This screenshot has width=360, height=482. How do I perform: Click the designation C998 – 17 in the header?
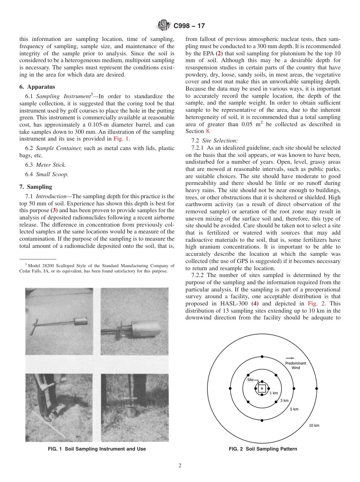tap(189, 26)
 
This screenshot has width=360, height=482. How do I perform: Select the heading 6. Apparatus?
tap(37, 87)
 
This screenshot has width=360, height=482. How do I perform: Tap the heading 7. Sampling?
tap(36, 187)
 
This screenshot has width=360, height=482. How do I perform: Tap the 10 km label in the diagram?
tap(314, 426)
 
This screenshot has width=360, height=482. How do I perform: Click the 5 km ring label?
tap(294, 409)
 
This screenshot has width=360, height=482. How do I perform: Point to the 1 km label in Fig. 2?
tap(274, 393)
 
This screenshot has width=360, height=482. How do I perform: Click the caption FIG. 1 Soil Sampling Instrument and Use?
tap(97, 449)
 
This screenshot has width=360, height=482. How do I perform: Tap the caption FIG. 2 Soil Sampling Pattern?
tap(263, 449)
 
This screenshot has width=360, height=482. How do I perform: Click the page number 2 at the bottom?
tap(180, 466)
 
